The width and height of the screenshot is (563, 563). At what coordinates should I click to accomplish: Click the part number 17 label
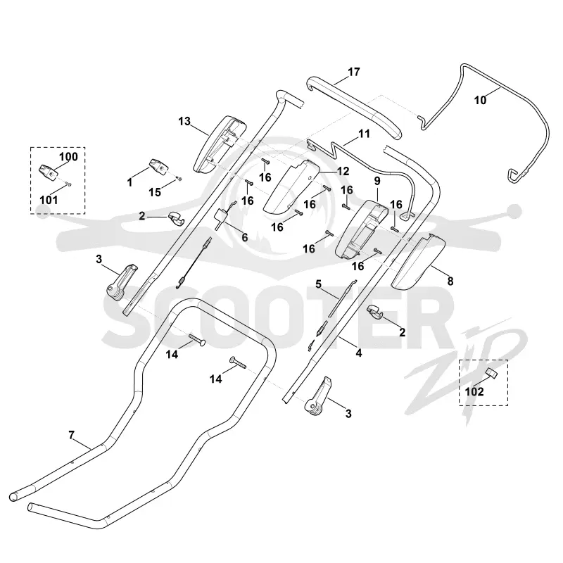click(x=354, y=72)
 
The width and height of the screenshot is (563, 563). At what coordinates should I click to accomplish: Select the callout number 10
click(x=481, y=100)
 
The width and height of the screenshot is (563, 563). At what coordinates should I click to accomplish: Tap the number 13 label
click(x=184, y=121)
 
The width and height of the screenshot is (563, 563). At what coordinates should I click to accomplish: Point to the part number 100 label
click(x=68, y=156)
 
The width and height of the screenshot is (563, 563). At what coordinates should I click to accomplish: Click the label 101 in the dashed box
click(x=49, y=200)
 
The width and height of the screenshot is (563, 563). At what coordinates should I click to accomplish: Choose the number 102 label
click(x=474, y=392)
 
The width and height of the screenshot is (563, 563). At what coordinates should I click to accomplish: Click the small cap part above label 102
click(x=492, y=373)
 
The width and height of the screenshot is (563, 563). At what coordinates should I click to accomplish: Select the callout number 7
click(x=72, y=435)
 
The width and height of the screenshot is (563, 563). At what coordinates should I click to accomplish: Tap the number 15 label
click(x=155, y=192)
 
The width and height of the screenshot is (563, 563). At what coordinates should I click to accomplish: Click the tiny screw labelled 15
click(x=179, y=179)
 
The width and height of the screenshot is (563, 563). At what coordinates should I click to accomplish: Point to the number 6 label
click(x=244, y=237)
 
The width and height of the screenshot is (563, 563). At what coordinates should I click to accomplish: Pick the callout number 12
click(x=343, y=171)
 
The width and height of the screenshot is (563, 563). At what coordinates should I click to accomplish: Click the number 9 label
click(x=377, y=181)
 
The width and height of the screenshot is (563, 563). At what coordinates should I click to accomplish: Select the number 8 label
click(x=450, y=281)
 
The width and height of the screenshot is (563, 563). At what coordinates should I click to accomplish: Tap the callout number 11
click(x=364, y=134)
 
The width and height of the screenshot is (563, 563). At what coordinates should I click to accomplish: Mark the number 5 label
click(x=319, y=284)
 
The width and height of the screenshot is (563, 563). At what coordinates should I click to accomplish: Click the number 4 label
click(x=359, y=353)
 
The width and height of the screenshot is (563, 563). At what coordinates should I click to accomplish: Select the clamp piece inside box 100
click(x=47, y=172)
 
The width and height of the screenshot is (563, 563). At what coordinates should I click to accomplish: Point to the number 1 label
click(x=129, y=182)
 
